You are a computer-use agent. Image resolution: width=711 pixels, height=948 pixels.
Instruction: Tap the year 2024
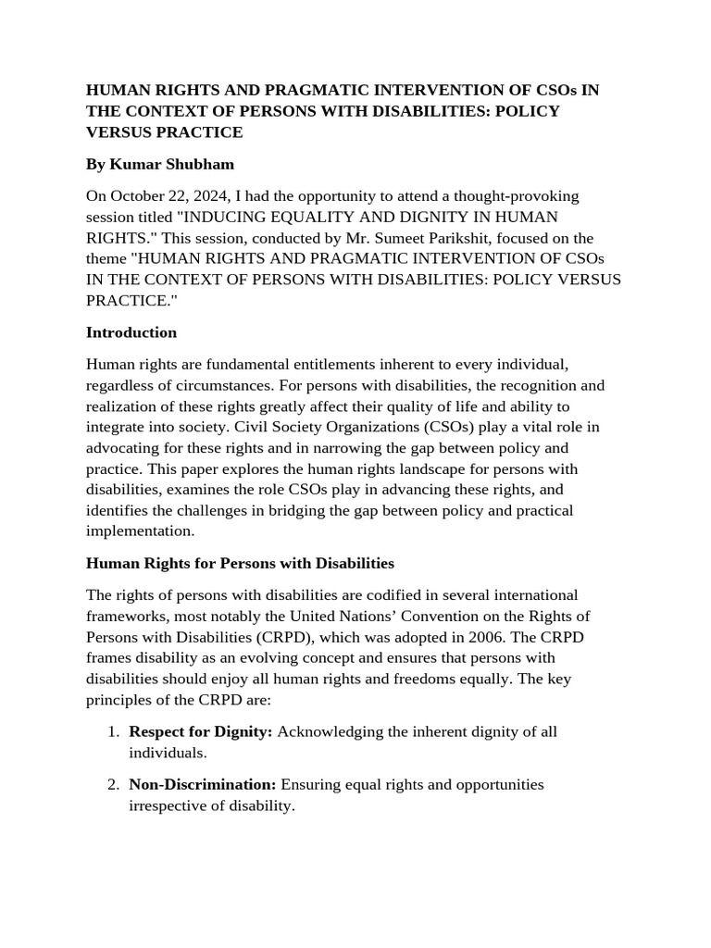point(221,195)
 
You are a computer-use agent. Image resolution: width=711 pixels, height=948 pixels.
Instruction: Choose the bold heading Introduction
point(131,331)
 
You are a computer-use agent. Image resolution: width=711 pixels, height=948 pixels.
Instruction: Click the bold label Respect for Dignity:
point(200,731)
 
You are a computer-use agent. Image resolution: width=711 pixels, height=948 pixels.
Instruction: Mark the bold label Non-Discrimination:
point(202,784)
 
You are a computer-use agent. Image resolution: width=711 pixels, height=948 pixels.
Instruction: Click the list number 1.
point(112,731)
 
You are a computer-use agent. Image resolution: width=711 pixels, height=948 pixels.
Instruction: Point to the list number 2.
point(112,784)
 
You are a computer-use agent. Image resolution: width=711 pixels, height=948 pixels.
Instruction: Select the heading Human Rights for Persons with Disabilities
point(240,563)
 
